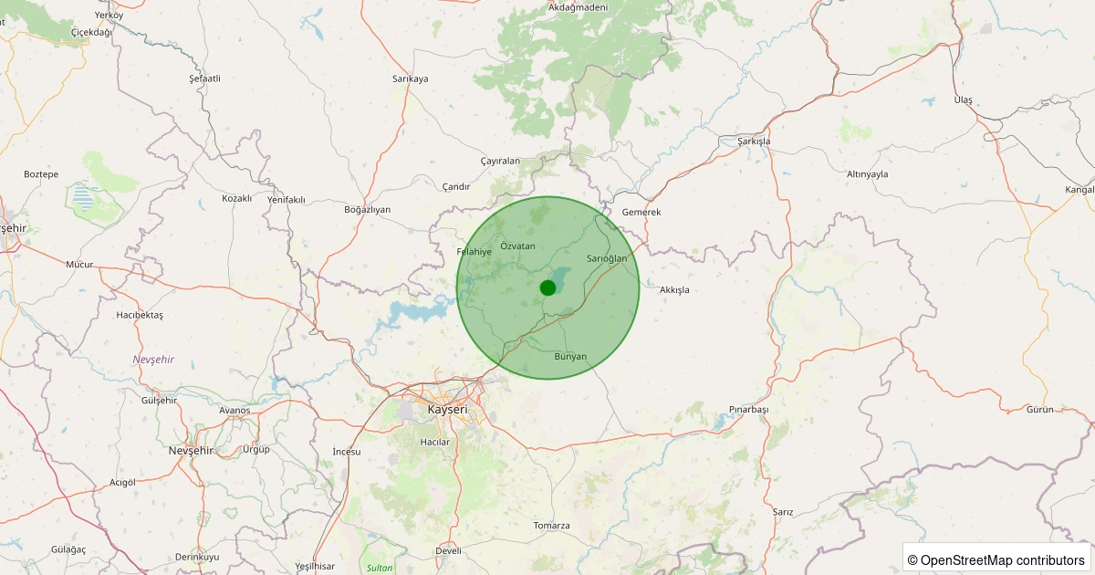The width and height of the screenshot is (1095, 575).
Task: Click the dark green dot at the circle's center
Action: [547, 287]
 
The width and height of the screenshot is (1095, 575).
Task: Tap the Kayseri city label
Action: [447, 410]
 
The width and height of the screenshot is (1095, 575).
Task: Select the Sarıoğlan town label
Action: [607, 258]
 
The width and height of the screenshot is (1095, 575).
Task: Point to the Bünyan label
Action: [570, 356]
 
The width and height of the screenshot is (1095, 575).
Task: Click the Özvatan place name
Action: [517, 246]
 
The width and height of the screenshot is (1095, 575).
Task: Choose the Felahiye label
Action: [474, 251]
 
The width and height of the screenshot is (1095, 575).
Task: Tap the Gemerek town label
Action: [641, 212]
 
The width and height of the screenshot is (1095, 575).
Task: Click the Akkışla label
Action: [674, 289]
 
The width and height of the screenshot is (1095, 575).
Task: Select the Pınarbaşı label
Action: [749, 409]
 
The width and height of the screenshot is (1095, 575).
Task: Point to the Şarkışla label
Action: [754, 141]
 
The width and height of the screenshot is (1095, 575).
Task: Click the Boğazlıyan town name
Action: [367, 209]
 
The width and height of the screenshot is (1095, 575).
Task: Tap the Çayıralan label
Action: [500, 161]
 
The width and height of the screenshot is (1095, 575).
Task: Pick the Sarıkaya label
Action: [410, 78]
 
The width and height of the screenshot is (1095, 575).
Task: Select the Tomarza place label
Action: [551, 526]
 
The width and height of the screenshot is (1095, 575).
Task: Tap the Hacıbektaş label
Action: [140, 315]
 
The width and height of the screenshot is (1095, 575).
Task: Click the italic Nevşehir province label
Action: [153, 360]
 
